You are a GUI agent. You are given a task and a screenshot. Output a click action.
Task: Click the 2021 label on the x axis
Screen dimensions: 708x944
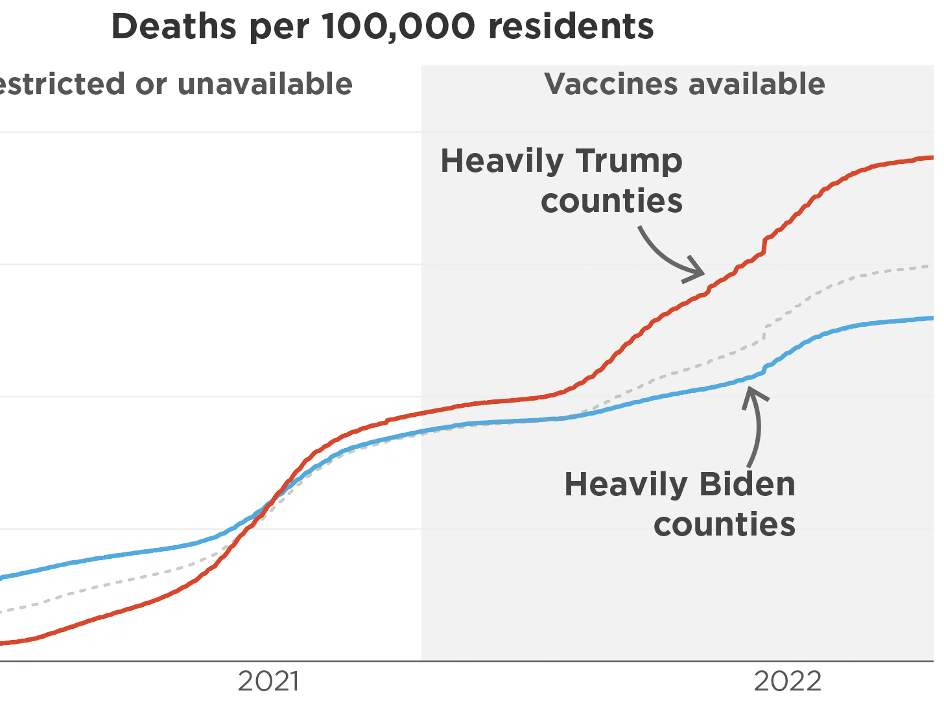click(x=268, y=681)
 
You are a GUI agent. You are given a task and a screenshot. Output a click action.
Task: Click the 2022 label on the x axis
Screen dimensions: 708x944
click(x=787, y=681)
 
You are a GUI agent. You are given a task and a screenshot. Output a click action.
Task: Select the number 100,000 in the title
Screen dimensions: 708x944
click(x=398, y=27)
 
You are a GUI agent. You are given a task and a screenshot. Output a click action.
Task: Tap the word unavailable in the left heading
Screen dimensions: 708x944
click(x=265, y=84)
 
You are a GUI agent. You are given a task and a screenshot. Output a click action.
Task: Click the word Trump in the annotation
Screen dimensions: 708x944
click(x=629, y=161)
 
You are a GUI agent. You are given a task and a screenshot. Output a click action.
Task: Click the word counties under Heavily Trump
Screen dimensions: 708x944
click(x=611, y=201)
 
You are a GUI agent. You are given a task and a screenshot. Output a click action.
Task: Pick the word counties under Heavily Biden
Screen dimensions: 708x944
click(x=724, y=525)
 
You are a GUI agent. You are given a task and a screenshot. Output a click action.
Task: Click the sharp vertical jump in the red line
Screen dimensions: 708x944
click(x=765, y=245)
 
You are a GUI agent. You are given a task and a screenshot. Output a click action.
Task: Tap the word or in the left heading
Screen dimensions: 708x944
click(x=151, y=84)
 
